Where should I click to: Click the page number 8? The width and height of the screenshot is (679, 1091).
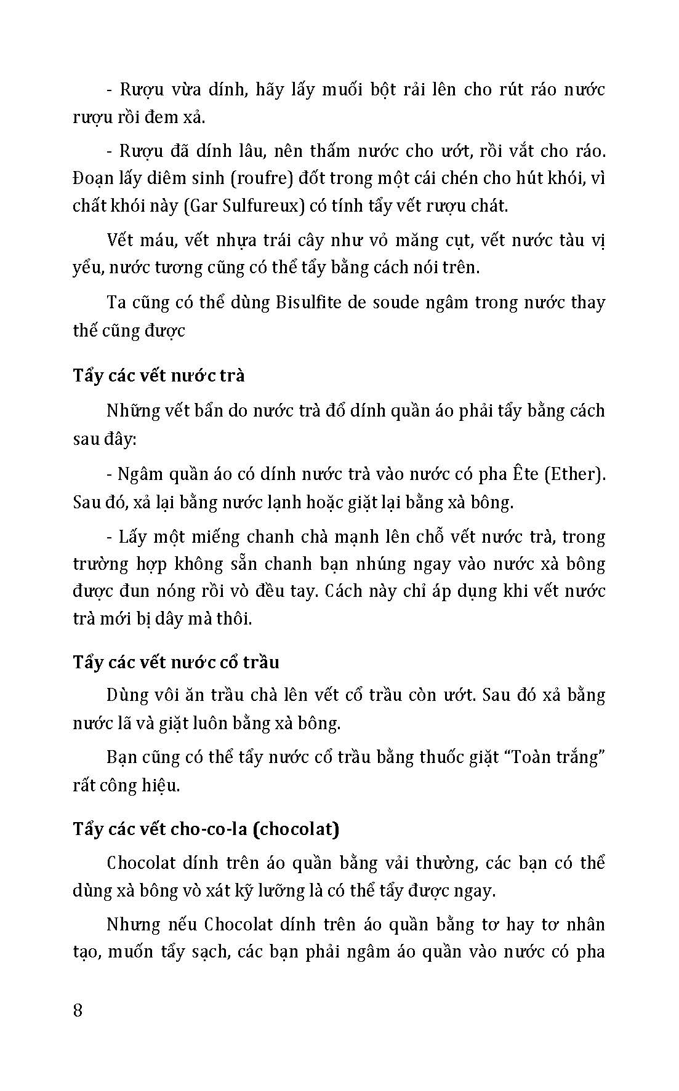point(78,1010)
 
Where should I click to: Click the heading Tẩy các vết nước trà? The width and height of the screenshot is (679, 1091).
point(159,375)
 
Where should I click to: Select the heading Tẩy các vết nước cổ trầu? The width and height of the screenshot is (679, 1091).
point(176,662)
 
